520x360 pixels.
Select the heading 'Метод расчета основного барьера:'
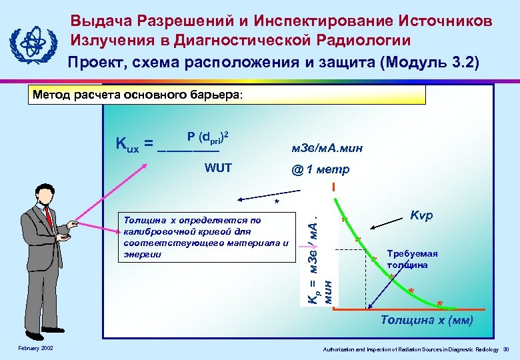tap(139, 95)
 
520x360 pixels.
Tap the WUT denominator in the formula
tap(217, 167)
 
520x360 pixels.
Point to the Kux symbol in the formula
tap(127, 143)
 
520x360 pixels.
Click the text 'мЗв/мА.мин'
tap(327, 148)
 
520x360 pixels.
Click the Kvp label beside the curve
tap(422, 217)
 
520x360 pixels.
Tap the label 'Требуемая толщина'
tap(412, 259)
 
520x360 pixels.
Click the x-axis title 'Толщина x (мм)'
tap(427, 321)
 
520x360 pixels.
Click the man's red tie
tap(48, 217)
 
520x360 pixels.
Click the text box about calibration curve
tap(203, 237)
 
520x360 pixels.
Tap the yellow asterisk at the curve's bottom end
tap(439, 305)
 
